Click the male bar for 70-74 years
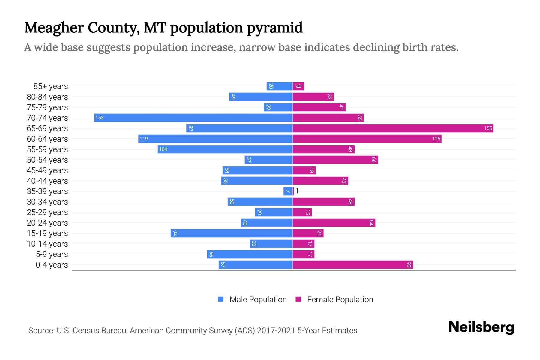[193, 118]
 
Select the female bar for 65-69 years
[393, 128]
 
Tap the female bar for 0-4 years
[352, 265]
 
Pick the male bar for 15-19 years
[231, 233]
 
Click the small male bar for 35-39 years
[288, 191]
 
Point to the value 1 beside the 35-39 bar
[297, 191]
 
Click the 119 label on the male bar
[144, 139]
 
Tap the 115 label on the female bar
[436, 139]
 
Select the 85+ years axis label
[51, 86]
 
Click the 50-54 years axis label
[47, 160]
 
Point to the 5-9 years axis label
[52, 254]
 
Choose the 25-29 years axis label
[47, 212]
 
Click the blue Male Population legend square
[221, 299]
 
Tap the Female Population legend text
[340, 300]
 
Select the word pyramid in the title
[275, 28]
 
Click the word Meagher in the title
[54, 28]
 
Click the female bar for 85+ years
[298, 86]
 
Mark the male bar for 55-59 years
[225, 149]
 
